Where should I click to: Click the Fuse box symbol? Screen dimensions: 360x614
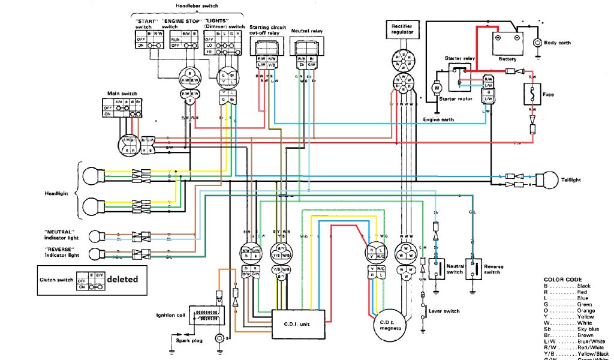pos(532,95)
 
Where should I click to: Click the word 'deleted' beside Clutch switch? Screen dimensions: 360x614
pos(122,279)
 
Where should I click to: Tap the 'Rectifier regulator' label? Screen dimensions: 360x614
pos(401,29)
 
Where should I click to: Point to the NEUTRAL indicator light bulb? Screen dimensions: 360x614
pos(95,235)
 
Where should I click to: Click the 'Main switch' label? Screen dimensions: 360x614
pos(122,94)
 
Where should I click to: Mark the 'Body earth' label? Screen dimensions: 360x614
pos(557,43)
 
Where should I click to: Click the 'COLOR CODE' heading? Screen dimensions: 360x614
pos(562,280)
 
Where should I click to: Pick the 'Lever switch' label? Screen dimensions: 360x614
pos(444,311)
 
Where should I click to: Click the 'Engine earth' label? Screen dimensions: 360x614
pos(438,120)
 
